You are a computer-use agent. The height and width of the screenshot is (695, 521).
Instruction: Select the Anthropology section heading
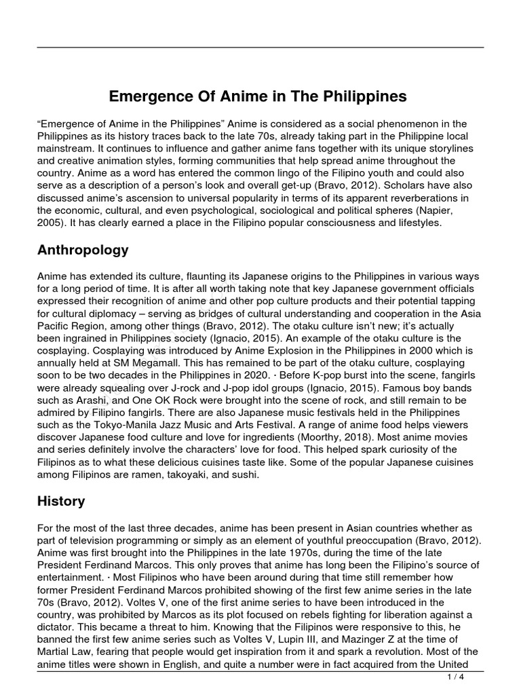pyautogui.click(x=83, y=250)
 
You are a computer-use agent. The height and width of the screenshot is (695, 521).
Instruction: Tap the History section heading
pyautogui.click(x=61, y=502)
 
